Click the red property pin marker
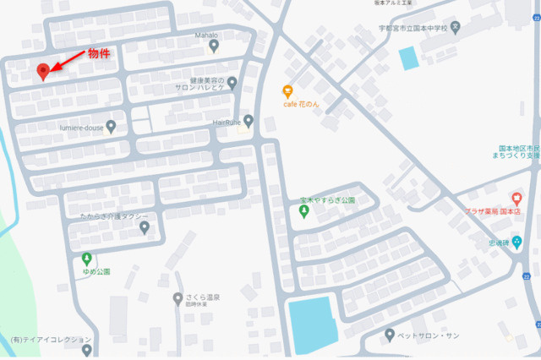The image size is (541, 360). (43, 71)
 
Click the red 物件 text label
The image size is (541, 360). (101, 52)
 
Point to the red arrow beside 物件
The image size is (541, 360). (69, 59)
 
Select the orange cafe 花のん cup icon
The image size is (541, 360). (288, 90)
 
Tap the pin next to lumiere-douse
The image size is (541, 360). (111, 127)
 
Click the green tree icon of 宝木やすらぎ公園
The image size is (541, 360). (304, 211)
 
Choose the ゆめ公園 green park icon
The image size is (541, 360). (86, 259)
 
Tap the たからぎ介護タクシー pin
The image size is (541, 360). (144, 227)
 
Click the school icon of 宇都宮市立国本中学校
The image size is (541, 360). (456, 26)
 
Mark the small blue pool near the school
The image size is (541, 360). (408, 58)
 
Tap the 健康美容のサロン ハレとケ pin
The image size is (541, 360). (232, 82)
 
